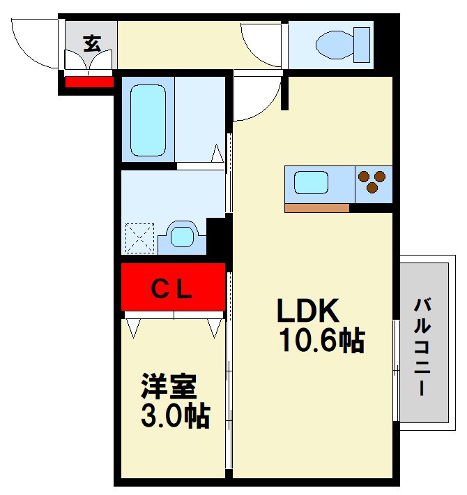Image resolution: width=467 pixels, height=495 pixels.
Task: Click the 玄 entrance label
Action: tap(91, 43)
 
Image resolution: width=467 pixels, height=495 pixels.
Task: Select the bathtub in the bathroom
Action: tap(148, 120)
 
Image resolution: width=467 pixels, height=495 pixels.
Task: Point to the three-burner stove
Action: tap(374, 182)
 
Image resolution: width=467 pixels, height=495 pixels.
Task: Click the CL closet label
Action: tap(172, 287)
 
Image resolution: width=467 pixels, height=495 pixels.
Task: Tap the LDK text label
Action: tap(308, 309)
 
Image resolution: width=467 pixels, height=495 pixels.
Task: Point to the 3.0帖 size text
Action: tap(175, 416)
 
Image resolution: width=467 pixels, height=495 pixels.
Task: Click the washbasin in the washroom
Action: tap(182, 236)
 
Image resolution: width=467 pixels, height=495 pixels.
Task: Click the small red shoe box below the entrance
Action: tap(89, 82)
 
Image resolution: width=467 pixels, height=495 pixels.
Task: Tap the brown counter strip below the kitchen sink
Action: tap(316, 207)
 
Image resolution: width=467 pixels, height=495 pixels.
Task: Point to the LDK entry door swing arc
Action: tap(257, 101)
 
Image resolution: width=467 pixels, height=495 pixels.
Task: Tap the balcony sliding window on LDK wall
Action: tap(395, 370)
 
